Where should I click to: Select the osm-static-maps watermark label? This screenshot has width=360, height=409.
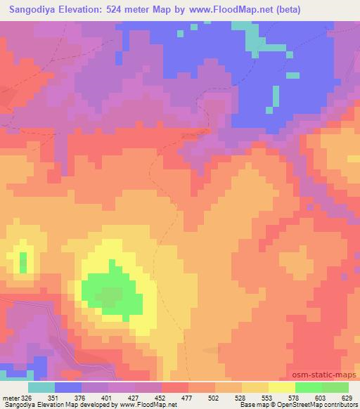[326, 374]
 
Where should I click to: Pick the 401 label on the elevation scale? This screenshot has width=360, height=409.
[109, 396]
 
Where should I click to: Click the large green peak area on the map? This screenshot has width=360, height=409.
[109, 288]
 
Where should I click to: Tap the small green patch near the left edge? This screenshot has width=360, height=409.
[23, 262]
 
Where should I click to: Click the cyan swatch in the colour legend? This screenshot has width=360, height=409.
[41, 387]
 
